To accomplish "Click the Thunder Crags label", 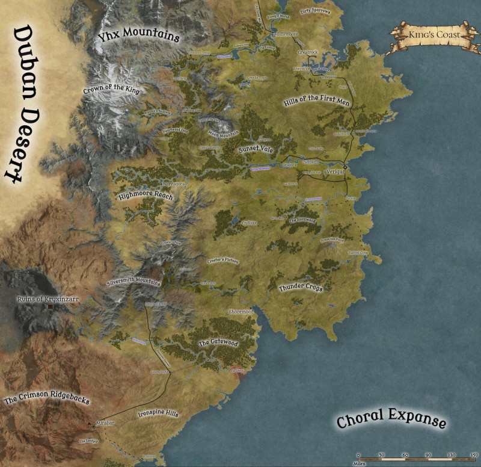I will click(301, 288).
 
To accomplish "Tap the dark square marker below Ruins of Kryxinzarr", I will click(51, 308).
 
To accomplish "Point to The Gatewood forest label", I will click(218, 342).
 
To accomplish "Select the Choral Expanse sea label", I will click(391, 419).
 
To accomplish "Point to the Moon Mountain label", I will click(223, 132).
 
